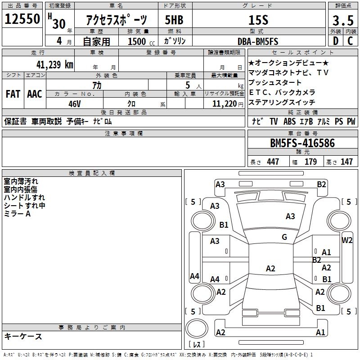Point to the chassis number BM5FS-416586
point(302,143)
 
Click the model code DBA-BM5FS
point(258,41)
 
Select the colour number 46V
point(74,103)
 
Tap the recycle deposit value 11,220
point(223,103)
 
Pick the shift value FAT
point(13,94)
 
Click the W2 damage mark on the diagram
point(347,240)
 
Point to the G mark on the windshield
point(284,237)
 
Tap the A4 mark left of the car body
point(194,276)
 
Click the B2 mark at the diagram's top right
point(321,184)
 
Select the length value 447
point(273,162)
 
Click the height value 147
point(346,162)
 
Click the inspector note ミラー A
point(17,213)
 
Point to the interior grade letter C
point(351,41)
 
